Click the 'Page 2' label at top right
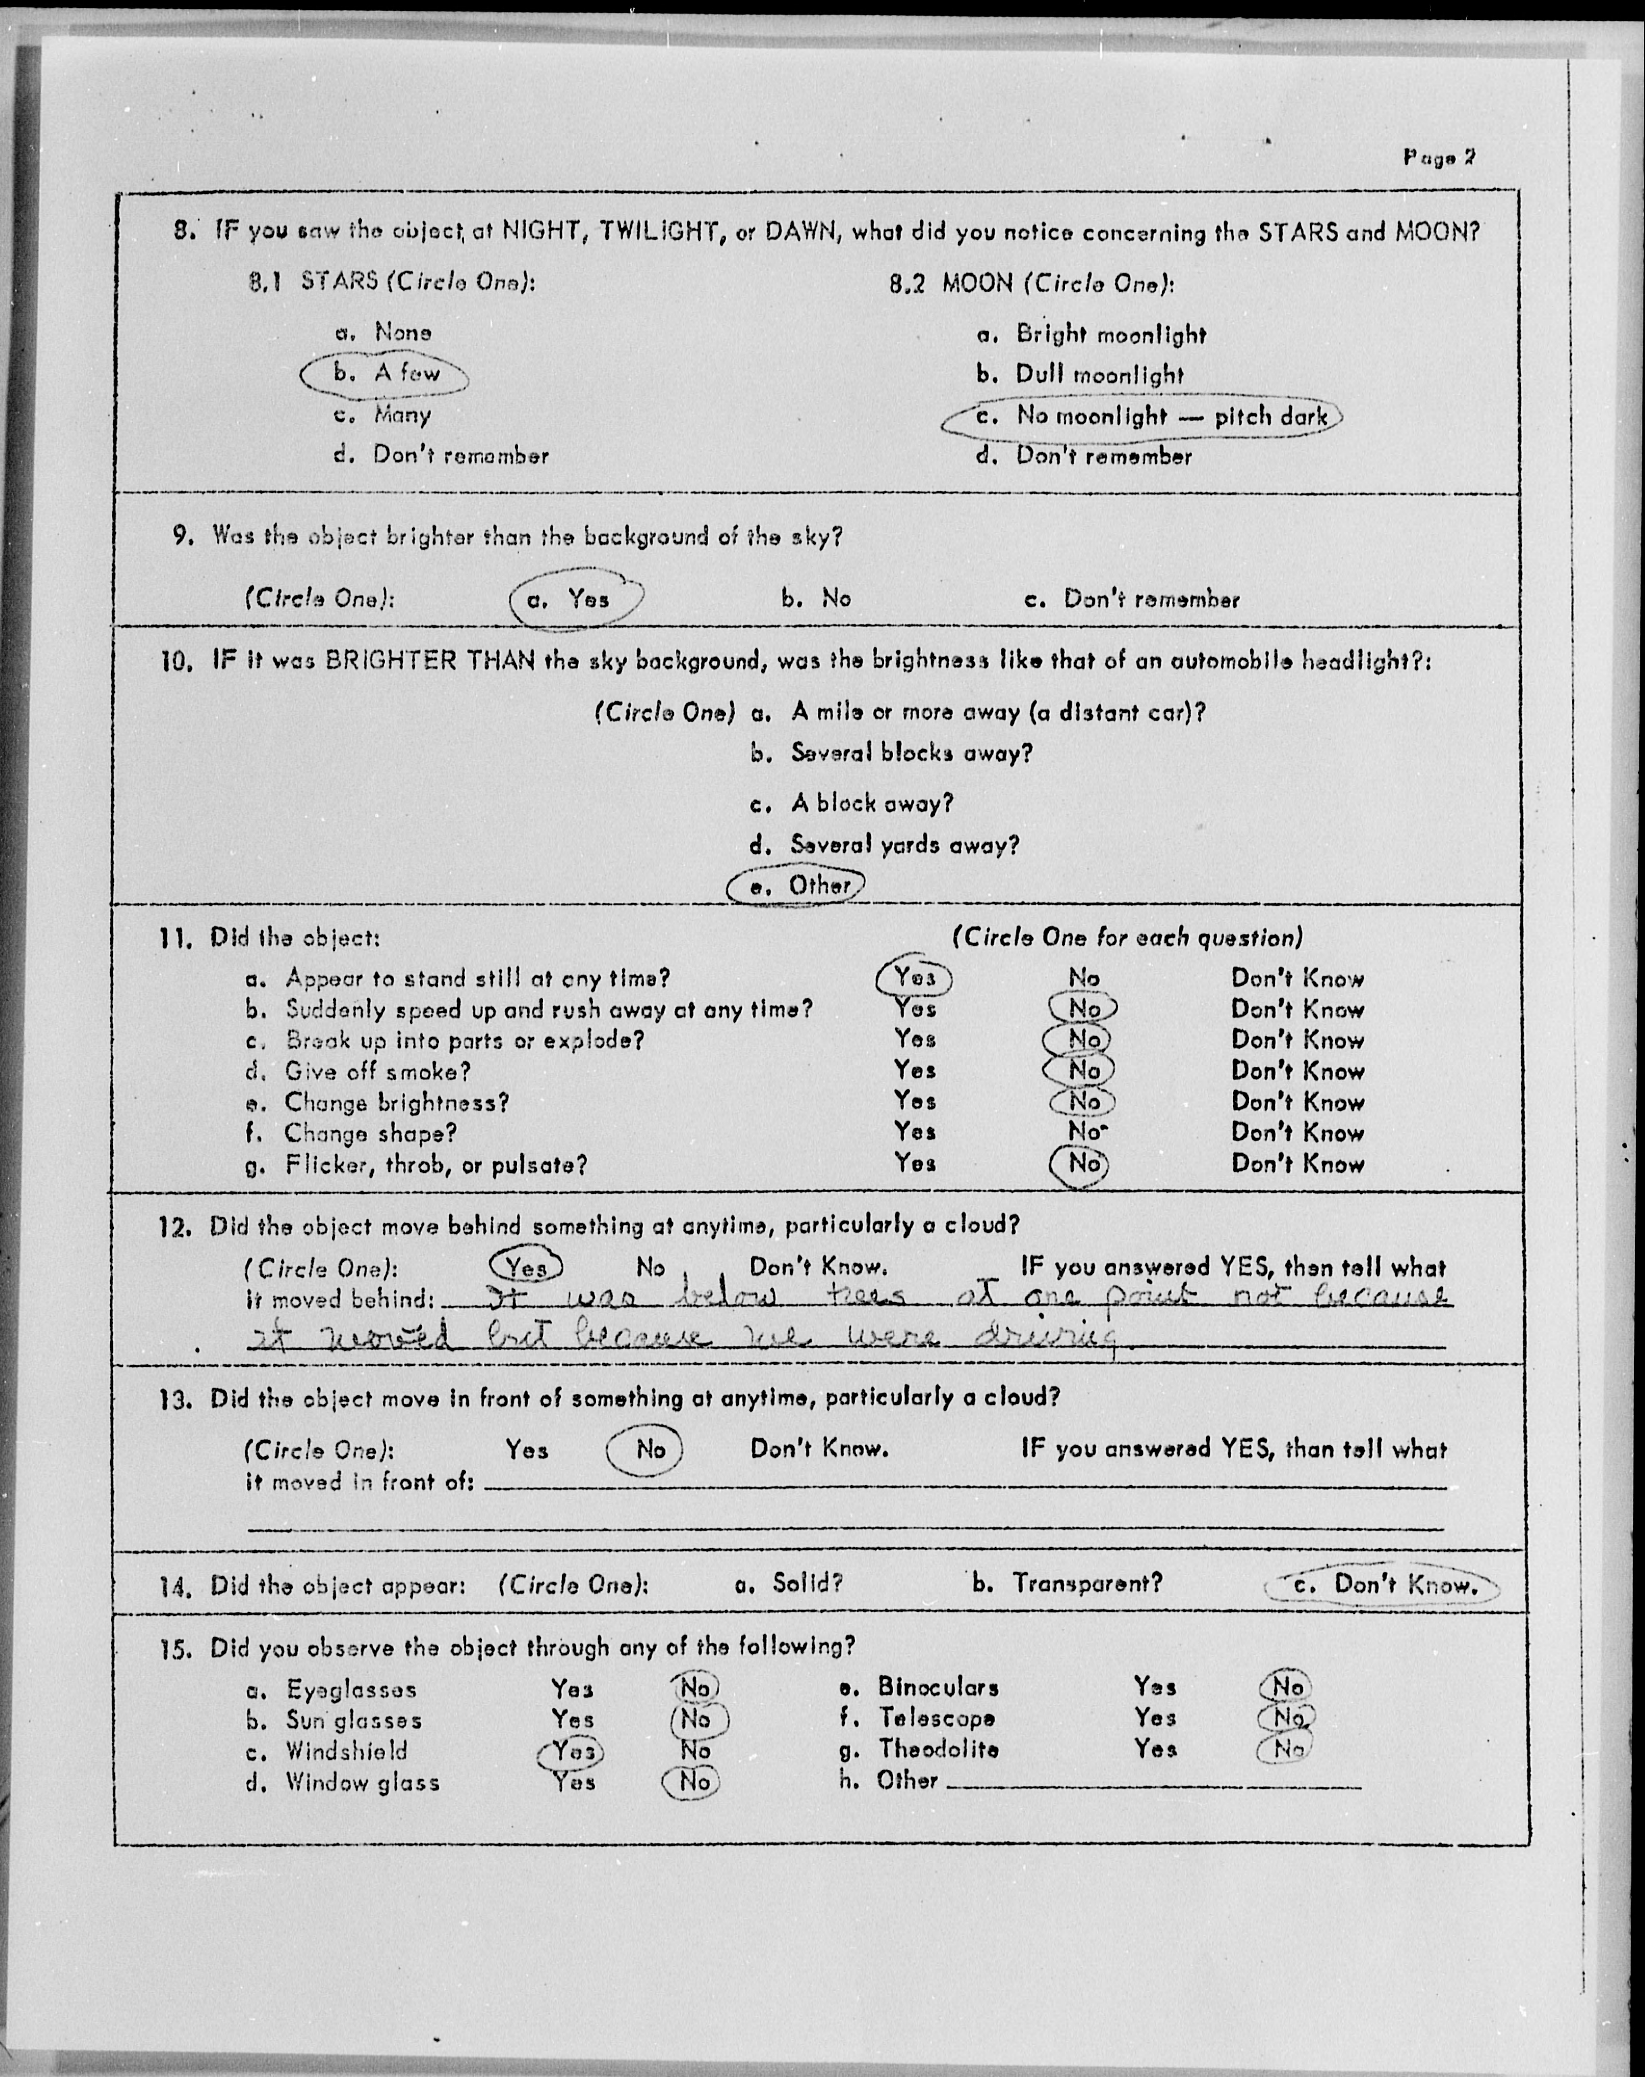(x=1439, y=158)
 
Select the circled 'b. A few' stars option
(x=385, y=374)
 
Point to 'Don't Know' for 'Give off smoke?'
(x=1297, y=1071)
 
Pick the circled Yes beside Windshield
(x=572, y=1752)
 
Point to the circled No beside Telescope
(x=1287, y=1718)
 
